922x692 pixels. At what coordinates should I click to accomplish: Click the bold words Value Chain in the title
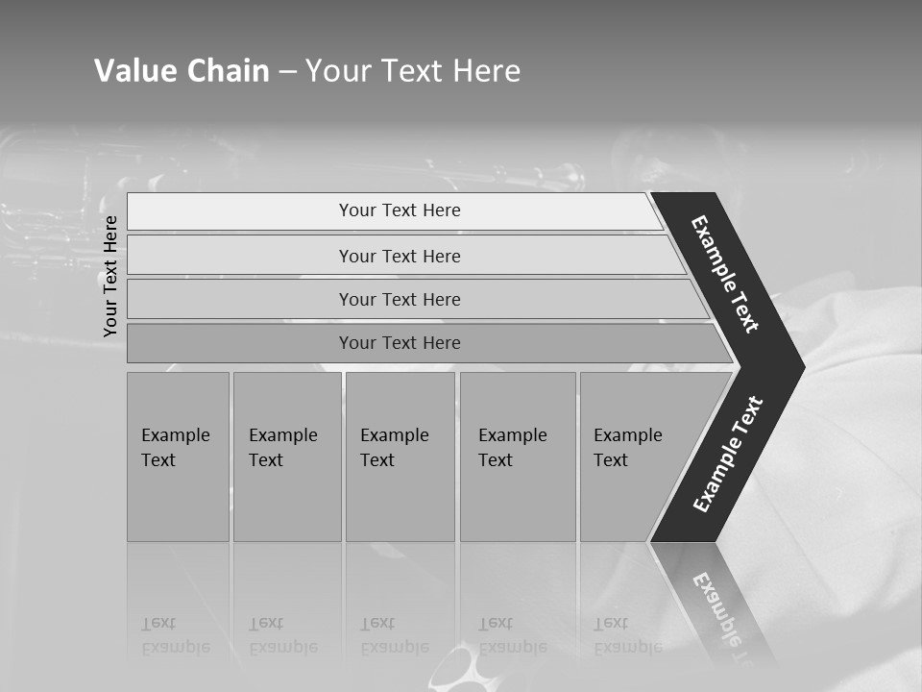(x=182, y=71)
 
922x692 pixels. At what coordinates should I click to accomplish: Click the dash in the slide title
(x=287, y=71)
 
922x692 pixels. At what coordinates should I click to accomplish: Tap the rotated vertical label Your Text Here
(x=110, y=276)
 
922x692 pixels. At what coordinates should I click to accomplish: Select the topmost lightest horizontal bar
(x=400, y=210)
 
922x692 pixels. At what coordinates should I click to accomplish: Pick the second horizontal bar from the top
(x=400, y=256)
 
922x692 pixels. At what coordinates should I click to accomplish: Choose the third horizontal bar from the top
(x=400, y=299)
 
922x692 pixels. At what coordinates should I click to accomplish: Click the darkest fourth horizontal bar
(x=400, y=343)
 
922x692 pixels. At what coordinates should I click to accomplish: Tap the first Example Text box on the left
(x=178, y=457)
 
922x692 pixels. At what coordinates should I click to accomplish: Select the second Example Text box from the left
(x=286, y=457)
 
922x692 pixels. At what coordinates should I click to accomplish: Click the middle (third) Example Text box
(x=400, y=457)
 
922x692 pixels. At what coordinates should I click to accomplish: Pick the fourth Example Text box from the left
(x=517, y=457)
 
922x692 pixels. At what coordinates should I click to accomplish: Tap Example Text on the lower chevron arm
(x=728, y=455)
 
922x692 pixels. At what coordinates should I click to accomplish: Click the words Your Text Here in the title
(x=413, y=71)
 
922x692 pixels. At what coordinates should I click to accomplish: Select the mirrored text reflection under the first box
(x=175, y=635)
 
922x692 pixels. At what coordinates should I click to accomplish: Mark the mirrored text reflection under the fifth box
(x=627, y=635)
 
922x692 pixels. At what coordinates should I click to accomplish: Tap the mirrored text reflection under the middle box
(x=395, y=635)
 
